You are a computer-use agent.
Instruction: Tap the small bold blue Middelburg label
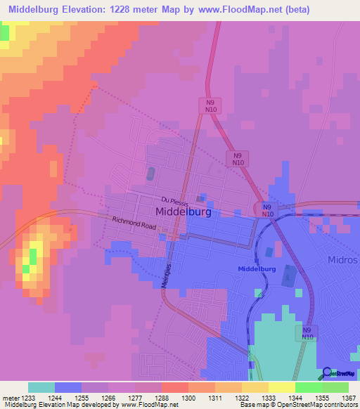coord(257,269)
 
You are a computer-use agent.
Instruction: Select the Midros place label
coord(342,259)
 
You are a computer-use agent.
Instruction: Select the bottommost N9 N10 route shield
coord(307,333)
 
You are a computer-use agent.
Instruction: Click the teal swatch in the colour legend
coord(41,387)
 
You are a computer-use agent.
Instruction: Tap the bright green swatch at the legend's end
coord(335,387)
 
